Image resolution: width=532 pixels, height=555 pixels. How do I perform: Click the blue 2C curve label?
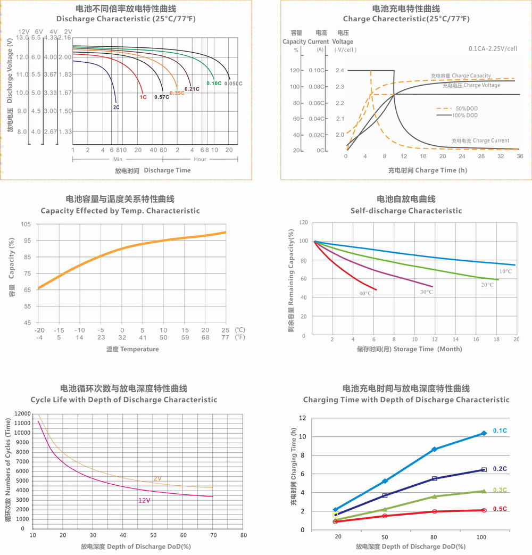click(116, 107)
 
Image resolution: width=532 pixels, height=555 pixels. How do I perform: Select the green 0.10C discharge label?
click(214, 84)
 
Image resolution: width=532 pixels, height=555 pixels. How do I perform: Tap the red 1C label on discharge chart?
click(143, 97)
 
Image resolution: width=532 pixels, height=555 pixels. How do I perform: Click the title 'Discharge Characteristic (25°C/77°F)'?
click(126, 19)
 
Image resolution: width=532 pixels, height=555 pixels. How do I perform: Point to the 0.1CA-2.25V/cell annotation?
click(493, 48)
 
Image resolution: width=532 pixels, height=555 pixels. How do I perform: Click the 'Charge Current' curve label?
click(480, 140)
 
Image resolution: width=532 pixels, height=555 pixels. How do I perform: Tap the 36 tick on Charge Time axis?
click(520, 156)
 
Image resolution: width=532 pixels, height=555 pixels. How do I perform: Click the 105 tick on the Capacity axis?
click(26, 224)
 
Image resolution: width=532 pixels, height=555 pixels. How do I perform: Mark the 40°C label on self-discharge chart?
click(365, 293)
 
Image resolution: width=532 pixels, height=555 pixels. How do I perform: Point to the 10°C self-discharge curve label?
click(505, 271)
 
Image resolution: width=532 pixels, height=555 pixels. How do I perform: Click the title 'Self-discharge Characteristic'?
click(406, 211)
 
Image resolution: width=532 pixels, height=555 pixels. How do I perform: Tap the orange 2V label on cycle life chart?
click(157, 478)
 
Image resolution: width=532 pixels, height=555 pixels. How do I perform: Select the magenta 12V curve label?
click(144, 501)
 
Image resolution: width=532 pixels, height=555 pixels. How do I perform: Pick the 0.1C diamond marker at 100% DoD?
click(484, 433)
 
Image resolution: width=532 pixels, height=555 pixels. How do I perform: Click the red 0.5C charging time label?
click(500, 509)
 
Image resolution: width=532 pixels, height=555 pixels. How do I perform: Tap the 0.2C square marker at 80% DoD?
click(435, 478)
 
